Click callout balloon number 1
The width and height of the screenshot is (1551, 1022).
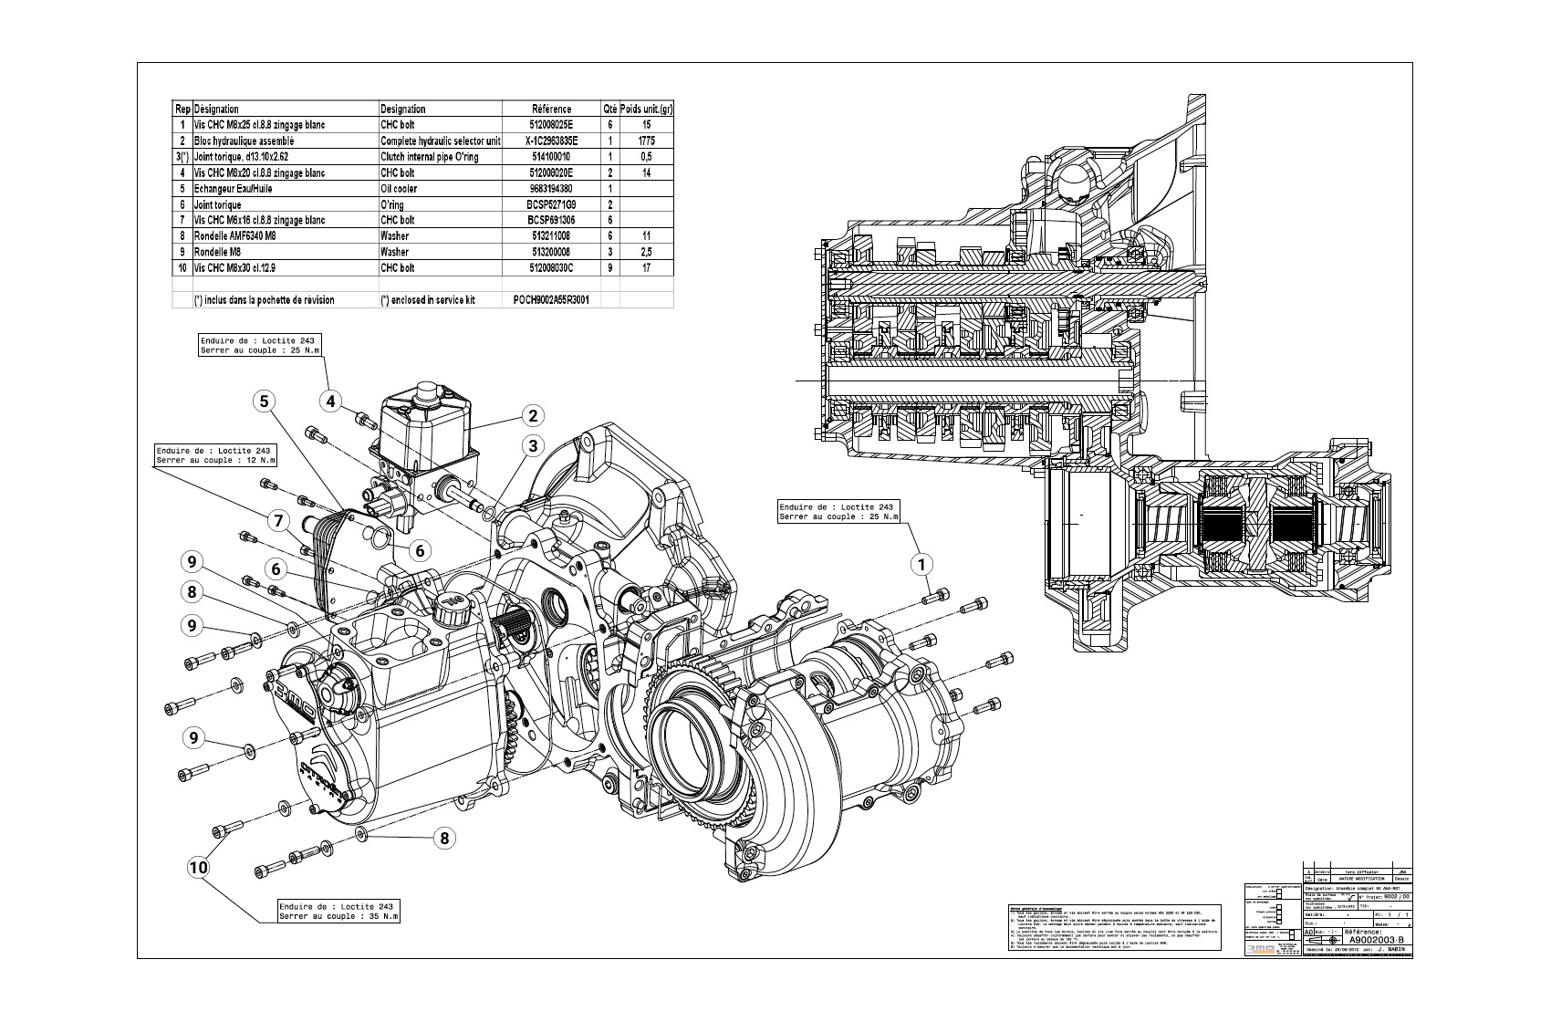[921, 564]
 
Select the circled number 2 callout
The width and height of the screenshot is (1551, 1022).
[532, 416]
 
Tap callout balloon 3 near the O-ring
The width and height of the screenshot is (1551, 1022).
[532, 445]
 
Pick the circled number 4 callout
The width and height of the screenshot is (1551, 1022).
[331, 400]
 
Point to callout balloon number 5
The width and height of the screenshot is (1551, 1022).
[264, 401]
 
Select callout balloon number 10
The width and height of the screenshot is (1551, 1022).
[198, 867]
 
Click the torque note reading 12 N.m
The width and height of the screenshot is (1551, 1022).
[216, 455]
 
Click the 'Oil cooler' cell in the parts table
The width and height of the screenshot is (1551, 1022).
[399, 189]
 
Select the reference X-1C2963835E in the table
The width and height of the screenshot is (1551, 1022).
[551, 141]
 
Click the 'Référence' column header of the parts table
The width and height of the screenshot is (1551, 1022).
[551, 109]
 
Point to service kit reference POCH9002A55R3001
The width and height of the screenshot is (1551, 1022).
[551, 299]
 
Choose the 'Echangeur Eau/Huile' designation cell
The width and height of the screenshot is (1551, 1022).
[234, 189]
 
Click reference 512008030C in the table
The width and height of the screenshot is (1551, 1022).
[551, 268]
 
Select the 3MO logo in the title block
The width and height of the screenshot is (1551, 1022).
[1260, 948]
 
